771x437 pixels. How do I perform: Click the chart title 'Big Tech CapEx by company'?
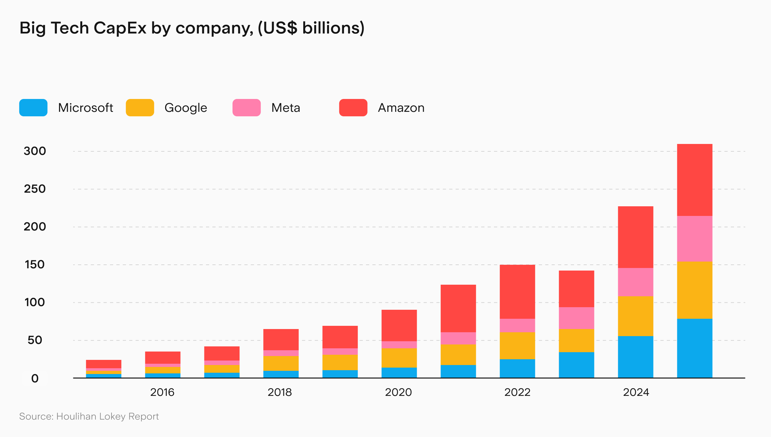click(192, 28)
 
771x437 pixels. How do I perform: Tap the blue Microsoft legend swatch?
click(33, 108)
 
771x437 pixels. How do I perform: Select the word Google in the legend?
click(186, 108)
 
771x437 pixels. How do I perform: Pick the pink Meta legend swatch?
click(246, 108)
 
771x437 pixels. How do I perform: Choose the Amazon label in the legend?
click(401, 108)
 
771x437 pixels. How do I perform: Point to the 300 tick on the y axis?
click(35, 151)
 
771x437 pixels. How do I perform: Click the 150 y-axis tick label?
click(35, 264)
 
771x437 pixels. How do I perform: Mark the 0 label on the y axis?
click(35, 378)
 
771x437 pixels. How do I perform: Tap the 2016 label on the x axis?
click(162, 392)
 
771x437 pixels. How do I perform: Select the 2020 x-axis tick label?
click(398, 392)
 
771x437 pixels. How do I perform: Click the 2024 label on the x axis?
click(636, 392)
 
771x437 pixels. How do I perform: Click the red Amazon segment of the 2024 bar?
click(635, 237)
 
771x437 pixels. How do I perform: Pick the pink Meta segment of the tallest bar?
click(695, 238)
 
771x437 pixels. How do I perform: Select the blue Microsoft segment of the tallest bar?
click(695, 348)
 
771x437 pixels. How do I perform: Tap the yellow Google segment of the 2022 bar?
click(517, 345)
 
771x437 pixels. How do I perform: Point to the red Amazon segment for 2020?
click(399, 325)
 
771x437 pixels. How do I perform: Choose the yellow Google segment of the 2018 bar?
click(281, 363)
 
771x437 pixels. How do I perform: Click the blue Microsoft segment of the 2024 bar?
click(635, 357)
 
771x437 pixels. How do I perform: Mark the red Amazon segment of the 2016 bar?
click(163, 357)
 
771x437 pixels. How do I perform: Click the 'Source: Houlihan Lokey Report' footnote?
click(89, 416)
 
